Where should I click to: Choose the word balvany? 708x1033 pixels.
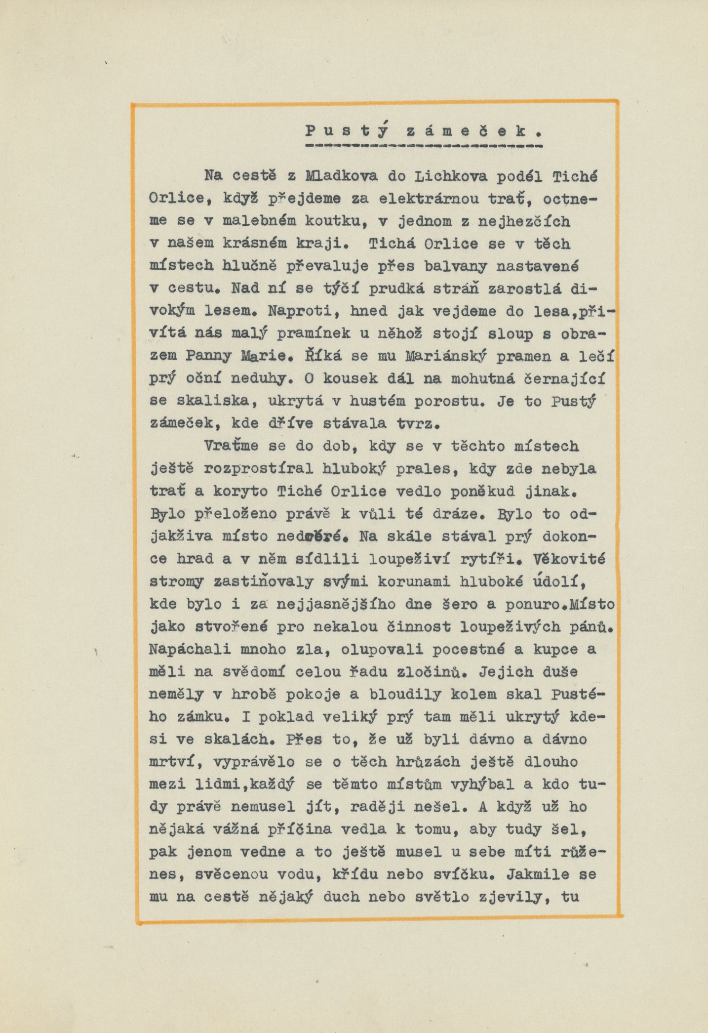tap(455, 266)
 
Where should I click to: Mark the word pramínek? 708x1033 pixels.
tap(313, 334)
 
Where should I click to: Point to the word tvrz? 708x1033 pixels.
tap(418, 423)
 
